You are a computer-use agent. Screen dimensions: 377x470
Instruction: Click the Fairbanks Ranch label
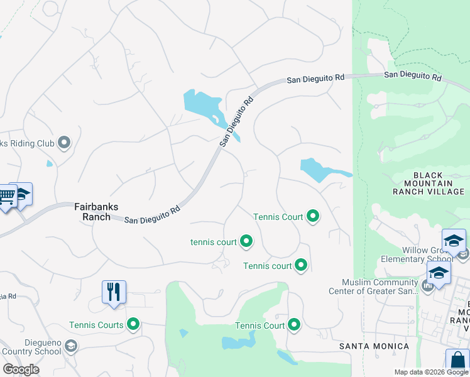pyautogui.click(x=97, y=211)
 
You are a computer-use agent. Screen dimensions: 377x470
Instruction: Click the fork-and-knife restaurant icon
pyautogui.click(x=114, y=292)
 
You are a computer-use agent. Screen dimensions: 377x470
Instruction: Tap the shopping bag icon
pyautogui.click(x=457, y=363)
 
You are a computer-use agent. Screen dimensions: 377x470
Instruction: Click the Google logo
pyautogui.click(x=21, y=369)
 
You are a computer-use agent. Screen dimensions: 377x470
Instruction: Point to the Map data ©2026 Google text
pyautogui.click(x=430, y=372)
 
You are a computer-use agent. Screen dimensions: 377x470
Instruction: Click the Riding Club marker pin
pyautogui.click(x=64, y=143)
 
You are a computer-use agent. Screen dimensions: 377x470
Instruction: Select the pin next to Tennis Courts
pyautogui.click(x=133, y=325)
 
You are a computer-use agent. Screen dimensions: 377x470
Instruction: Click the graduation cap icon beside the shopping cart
pyautogui.click(x=23, y=194)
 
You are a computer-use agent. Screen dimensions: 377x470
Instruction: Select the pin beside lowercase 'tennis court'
pyautogui.click(x=247, y=241)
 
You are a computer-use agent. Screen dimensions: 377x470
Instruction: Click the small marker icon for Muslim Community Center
pyautogui.click(x=428, y=287)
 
